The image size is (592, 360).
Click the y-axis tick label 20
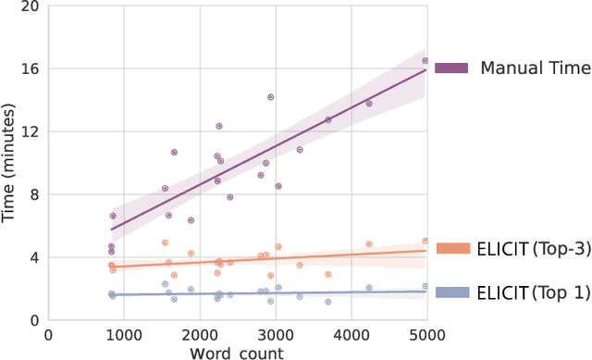(x=31, y=6)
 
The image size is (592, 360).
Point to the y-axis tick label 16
(x=31, y=68)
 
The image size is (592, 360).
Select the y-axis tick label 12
(x=31, y=131)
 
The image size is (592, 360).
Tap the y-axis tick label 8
(x=35, y=194)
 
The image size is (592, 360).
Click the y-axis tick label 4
(x=35, y=257)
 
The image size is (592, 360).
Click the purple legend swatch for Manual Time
(x=451, y=68)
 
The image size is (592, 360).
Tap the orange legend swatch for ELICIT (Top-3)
(x=451, y=247)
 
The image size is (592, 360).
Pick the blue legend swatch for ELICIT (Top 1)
(x=451, y=292)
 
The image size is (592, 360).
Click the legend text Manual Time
(x=535, y=68)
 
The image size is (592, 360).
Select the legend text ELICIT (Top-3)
(x=531, y=247)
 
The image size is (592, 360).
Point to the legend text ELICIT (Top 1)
(x=531, y=292)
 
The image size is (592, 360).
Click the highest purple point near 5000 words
(x=425, y=61)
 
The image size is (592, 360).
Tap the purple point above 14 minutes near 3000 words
(x=270, y=97)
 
